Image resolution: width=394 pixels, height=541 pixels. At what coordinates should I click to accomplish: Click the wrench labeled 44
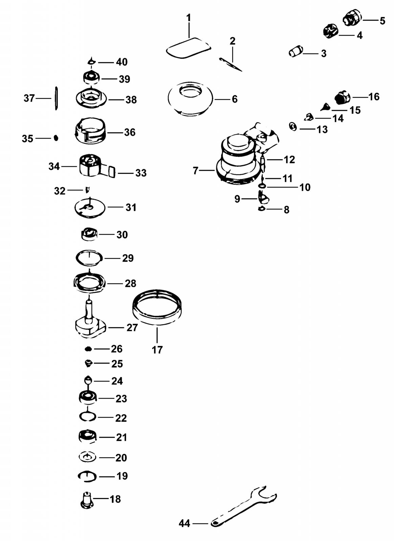[242, 507]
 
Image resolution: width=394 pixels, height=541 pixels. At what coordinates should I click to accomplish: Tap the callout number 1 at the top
[189, 18]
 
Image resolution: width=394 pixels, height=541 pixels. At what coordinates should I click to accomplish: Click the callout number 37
[29, 98]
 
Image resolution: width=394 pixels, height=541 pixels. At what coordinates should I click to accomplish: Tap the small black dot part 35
[56, 138]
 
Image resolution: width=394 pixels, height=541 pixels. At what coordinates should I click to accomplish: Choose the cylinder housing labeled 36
[90, 131]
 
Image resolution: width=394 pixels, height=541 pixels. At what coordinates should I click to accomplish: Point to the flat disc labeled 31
[90, 208]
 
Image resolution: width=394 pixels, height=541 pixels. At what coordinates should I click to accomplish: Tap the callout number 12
[289, 160]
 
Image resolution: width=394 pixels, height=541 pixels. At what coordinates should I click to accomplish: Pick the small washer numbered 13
[293, 126]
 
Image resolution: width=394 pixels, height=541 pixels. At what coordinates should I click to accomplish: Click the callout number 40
[122, 62]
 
